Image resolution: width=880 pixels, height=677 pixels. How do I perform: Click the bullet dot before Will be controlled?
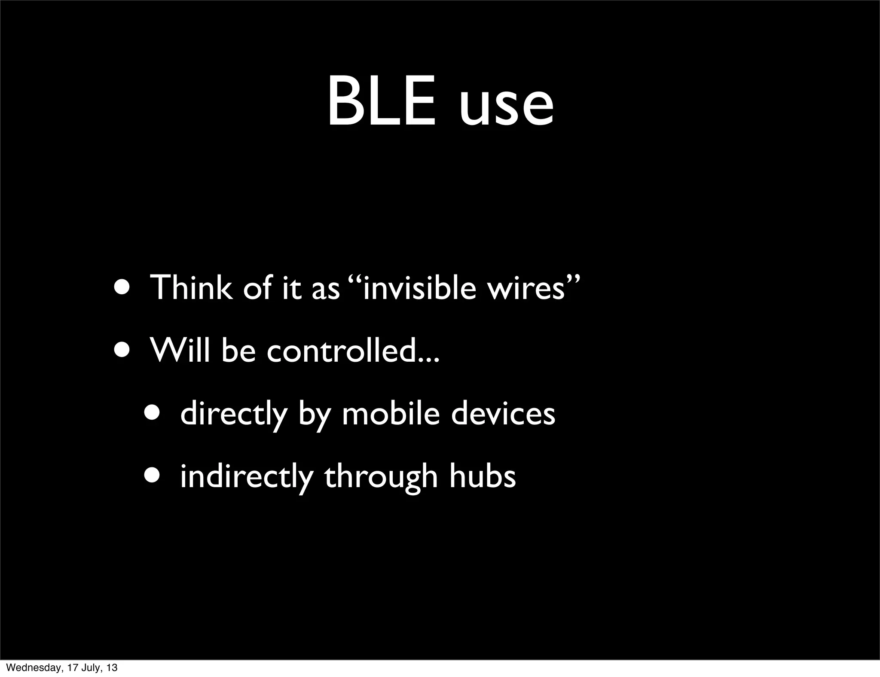(x=124, y=350)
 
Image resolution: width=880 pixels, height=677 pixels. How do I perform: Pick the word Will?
(x=180, y=350)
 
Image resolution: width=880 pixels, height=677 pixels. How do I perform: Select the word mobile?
(x=390, y=413)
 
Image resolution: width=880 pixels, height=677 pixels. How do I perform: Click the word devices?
(x=503, y=413)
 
